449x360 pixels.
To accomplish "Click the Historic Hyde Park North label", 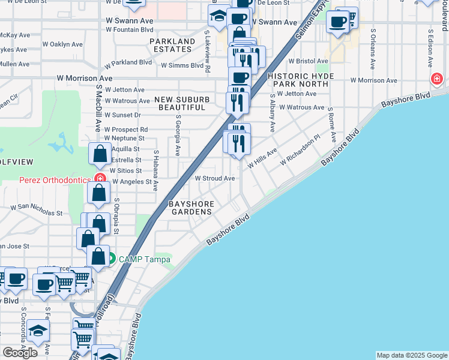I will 298,80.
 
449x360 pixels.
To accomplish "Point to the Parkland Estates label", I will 172,45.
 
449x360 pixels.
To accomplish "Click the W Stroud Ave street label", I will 214,178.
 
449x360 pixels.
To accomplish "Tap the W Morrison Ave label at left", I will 85,78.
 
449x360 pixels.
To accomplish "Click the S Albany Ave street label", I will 271,113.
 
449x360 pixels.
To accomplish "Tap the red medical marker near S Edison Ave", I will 436,79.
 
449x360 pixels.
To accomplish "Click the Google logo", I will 20,353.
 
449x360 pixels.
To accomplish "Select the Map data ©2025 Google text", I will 412,355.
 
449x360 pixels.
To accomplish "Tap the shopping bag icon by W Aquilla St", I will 99,155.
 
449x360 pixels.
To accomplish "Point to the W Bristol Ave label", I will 308,61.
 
